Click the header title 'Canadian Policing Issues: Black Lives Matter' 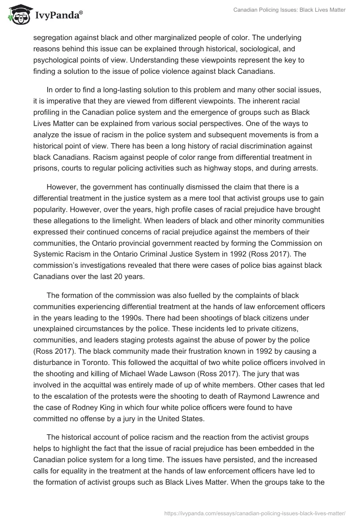[x=289, y=9]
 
